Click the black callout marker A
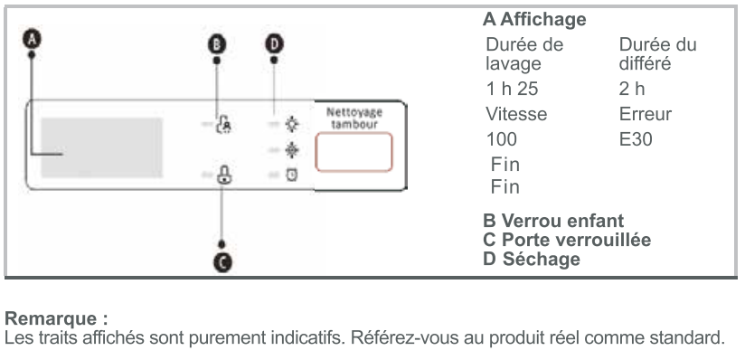[x=32, y=39]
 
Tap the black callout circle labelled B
[x=217, y=44]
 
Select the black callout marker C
[x=222, y=262]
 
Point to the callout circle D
[x=274, y=44]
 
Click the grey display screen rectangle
[x=101, y=148]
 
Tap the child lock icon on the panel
[x=224, y=125]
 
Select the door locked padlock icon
[x=224, y=175]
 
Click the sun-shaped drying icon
[x=292, y=125]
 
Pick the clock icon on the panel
[x=292, y=175]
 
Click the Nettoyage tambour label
[x=354, y=118]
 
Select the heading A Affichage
[x=534, y=20]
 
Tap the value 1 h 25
[x=512, y=89]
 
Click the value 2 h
[x=632, y=89]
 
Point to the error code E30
[x=636, y=139]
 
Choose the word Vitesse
[x=516, y=114]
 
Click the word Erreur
[x=646, y=114]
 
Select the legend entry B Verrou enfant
[x=553, y=221]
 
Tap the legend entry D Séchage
[x=532, y=259]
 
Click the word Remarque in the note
[x=51, y=318]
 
